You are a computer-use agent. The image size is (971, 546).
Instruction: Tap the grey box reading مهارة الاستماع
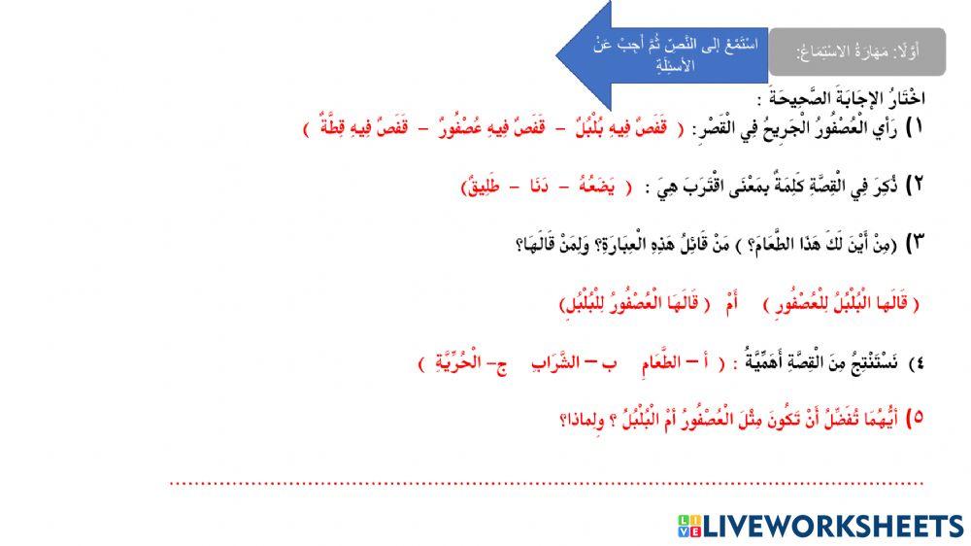click(x=856, y=51)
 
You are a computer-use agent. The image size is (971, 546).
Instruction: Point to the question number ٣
click(x=915, y=245)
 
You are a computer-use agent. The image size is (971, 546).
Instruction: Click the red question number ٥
click(x=915, y=419)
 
